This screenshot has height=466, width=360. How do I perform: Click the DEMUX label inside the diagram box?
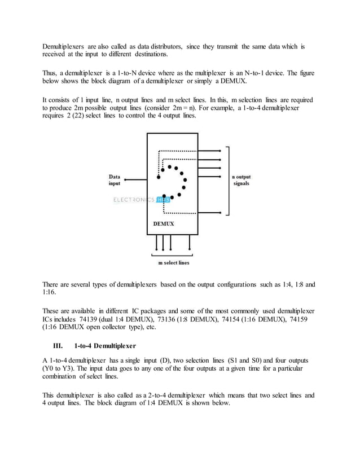click(164, 224)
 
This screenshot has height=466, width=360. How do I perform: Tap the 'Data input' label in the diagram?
click(115, 179)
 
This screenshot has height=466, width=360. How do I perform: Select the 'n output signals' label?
click(241, 179)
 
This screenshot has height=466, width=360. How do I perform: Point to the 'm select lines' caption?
click(173, 263)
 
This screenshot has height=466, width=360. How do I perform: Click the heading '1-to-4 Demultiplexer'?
click(107, 345)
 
